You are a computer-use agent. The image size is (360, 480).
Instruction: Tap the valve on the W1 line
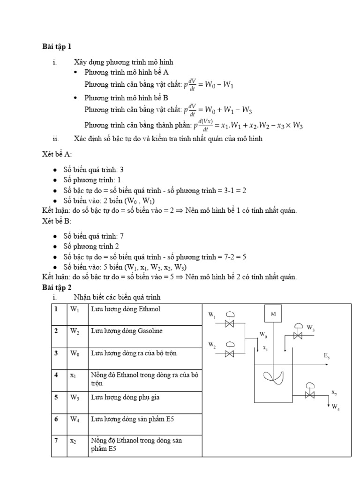click(230, 323)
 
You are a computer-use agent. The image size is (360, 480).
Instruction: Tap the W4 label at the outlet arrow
click(336, 408)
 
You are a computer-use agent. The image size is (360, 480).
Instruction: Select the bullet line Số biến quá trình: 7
click(94, 236)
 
